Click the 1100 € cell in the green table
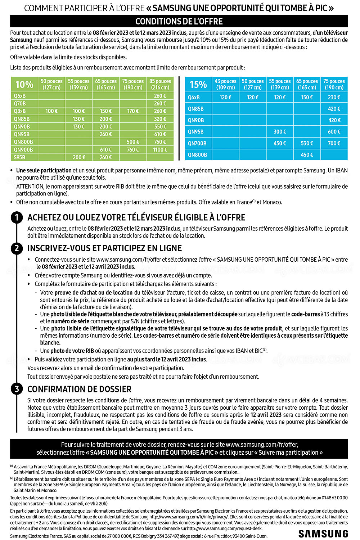[160, 150]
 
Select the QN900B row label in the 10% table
[23, 150]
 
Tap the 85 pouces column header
[160, 84]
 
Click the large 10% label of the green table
[24, 85]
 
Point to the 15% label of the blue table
[198, 85]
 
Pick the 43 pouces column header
[225, 84]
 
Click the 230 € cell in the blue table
[334, 97]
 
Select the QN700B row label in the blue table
[197, 143]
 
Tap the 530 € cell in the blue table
[307, 143]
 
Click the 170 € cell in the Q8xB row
[133, 111]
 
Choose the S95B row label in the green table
[20, 157]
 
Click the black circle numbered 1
[17, 217]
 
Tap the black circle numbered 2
[17, 248]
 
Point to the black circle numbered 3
[17, 389]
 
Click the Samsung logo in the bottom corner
[323, 534]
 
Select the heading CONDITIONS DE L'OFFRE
[179, 21]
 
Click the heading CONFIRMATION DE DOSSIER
[79, 389]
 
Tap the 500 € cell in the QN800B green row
[133, 142]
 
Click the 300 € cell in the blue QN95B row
[280, 132]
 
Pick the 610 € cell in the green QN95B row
[160, 134]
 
